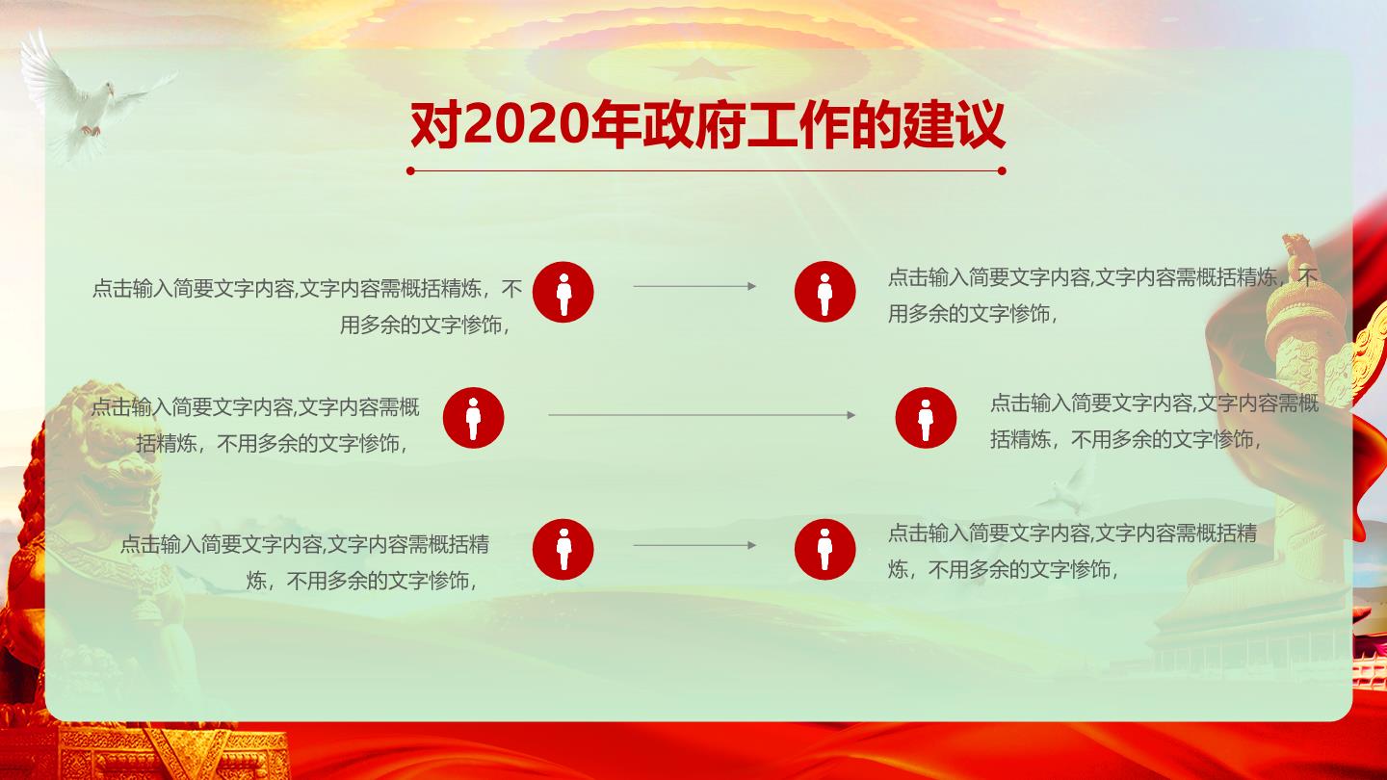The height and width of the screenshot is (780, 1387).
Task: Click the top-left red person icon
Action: [x=563, y=292]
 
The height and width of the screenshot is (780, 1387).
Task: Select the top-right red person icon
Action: [x=824, y=292]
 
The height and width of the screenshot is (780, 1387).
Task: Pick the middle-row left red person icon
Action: [x=473, y=418]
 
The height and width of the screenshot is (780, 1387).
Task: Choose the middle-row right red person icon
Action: [x=926, y=418]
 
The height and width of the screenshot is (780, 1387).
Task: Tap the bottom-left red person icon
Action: [x=563, y=549]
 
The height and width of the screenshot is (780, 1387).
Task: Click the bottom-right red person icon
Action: [x=824, y=549]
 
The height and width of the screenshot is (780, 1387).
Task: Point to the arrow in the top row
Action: [x=694, y=286]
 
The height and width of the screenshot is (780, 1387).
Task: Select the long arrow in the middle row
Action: [x=702, y=415]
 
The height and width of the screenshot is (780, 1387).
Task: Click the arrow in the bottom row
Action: [x=694, y=545]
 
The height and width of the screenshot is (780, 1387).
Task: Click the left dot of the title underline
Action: [x=410, y=170]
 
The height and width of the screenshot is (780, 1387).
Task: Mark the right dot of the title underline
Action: [x=1002, y=170]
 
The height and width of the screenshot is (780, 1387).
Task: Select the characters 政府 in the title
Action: [x=694, y=125]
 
